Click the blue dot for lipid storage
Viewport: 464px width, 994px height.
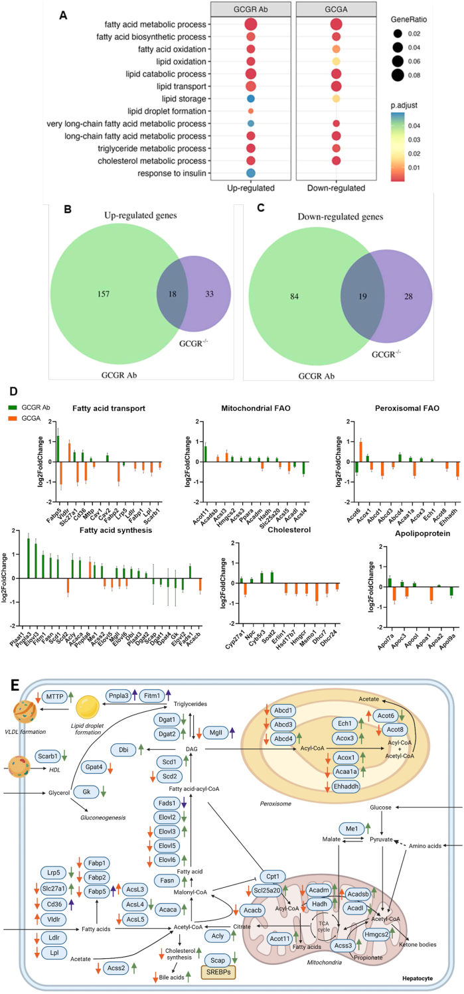250,98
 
